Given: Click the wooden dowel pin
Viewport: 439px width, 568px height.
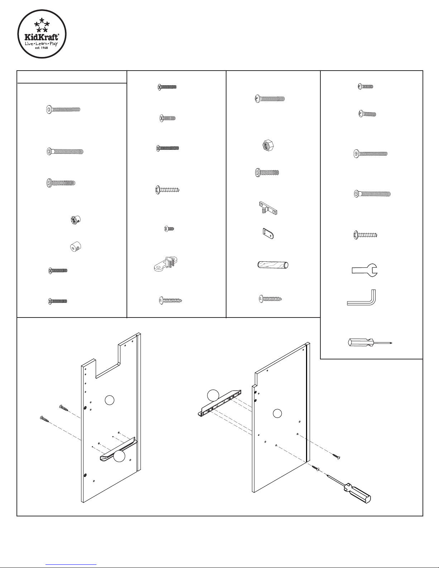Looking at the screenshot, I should tap(273, 265).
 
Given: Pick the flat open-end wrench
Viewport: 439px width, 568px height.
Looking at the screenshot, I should tap(364, 269).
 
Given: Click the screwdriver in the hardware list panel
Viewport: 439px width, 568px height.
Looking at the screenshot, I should tap(369, 343).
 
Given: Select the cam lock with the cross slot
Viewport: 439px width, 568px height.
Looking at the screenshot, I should tap(75, 220).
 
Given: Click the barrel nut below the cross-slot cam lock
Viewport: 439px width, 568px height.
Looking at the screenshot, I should tap(75, 246).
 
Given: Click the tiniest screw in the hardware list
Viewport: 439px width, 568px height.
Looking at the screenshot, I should tap(169, 228).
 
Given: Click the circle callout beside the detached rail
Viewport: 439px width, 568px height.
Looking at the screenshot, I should tap(213, 395).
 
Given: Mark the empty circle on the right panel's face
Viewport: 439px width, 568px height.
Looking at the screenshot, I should tap(277, 413).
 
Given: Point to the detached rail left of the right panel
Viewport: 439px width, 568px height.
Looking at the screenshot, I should tap(219, 403).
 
